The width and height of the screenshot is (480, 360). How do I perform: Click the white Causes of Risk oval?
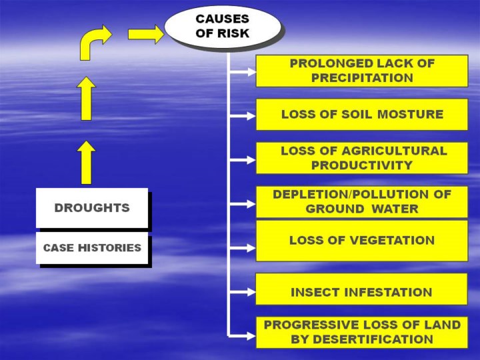tap(223, 26)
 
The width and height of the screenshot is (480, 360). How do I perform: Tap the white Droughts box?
tap(92, 208)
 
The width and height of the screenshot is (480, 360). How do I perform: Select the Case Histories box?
tap(92, 247)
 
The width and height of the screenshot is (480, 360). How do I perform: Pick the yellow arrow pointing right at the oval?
tap(146, 34)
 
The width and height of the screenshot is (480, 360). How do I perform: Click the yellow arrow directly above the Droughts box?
tap(86, 163)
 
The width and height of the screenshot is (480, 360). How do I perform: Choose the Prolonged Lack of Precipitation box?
tap(362, 71)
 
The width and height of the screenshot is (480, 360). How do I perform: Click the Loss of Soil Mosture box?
tap(362, 114)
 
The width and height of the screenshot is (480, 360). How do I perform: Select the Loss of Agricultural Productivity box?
tap(362, 158)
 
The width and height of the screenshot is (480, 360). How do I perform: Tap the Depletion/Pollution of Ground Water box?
tap(362, 202)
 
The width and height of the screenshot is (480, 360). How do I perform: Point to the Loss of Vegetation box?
tap(362, 241)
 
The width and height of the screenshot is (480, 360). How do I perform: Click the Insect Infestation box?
tap(362, 289)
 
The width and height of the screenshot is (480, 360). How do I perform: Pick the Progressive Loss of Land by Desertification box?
tap(362, 333)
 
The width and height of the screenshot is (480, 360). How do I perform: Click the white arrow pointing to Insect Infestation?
tap(243, 292)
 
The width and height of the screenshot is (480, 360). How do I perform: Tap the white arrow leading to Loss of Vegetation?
tap(243, 247)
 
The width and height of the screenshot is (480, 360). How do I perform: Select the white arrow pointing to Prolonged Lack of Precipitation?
tap(243, 72)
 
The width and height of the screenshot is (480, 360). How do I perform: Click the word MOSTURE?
tap(410, 114)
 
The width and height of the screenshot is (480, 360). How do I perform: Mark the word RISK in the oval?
tap(233, 33)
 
